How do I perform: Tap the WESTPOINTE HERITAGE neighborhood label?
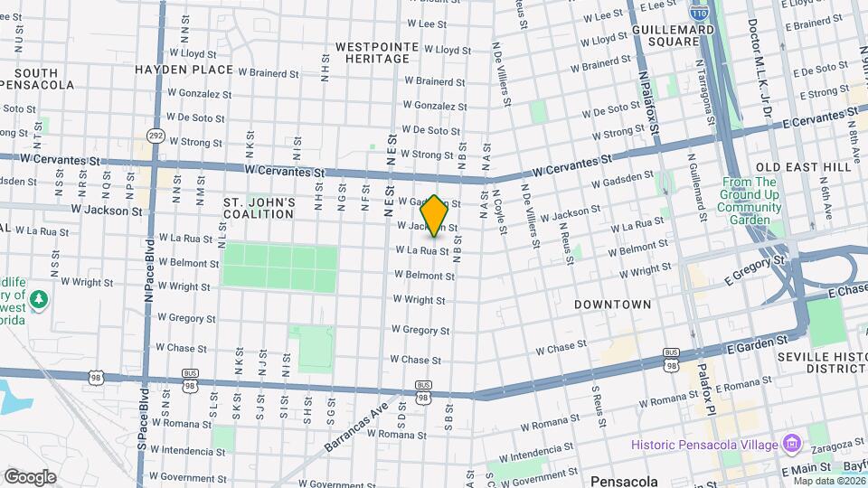pos(377,52)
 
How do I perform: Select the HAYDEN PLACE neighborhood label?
pos(184,69)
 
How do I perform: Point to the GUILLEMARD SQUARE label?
pos(674,35)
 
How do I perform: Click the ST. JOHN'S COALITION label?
pos(259,208)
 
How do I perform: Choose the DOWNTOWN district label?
pos(612,305)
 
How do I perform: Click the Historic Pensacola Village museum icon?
pos(792,444)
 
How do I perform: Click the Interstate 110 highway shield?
pos(698,12)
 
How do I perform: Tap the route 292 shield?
pos(156,136)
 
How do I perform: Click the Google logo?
pos(30,477)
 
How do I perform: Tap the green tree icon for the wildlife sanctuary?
pos(39,298)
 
